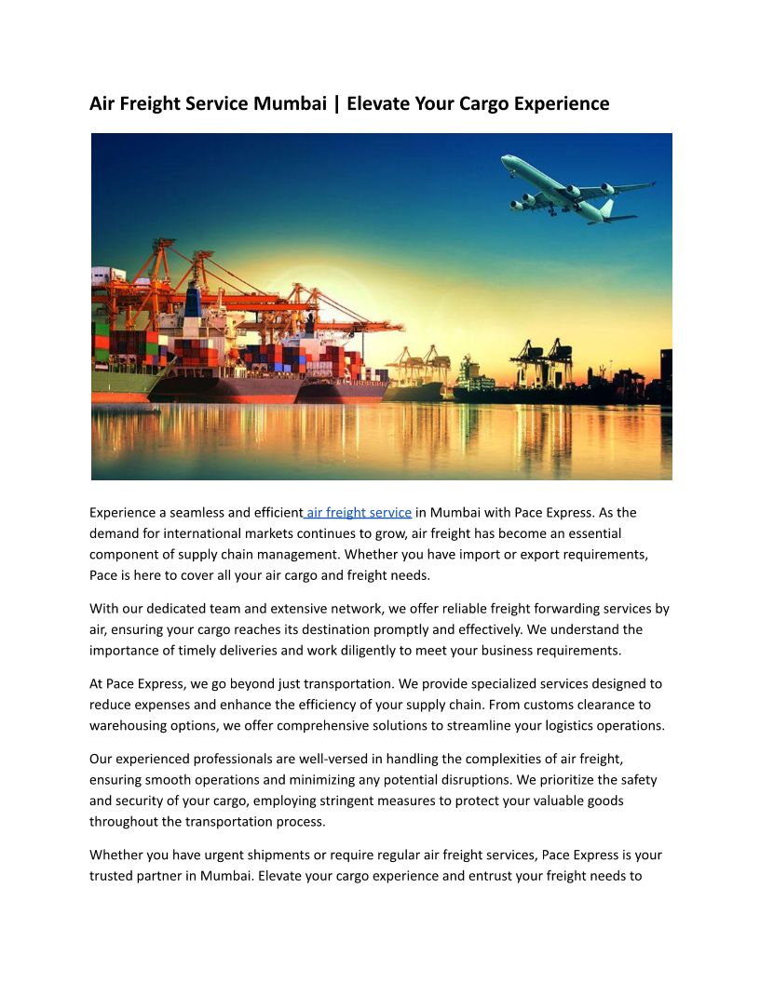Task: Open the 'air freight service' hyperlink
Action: coord(360,512)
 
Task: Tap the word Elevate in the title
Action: coord(380,103)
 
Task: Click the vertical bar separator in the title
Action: coord(336,103)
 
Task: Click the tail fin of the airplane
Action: coord(606,209)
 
